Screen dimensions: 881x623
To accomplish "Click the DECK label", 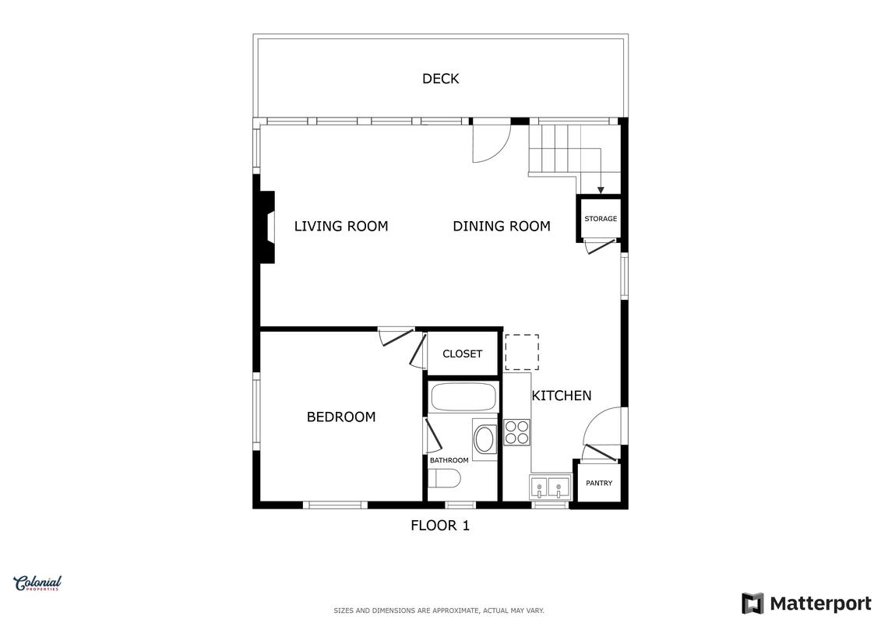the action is [441, 79].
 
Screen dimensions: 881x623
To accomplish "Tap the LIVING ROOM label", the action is [341, 227].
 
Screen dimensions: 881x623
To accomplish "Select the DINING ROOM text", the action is [502, 227].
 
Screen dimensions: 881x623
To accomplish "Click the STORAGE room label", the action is [601, 219].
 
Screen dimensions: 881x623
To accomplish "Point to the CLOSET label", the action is [463, 354].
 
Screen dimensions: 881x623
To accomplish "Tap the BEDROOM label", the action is [341, 417].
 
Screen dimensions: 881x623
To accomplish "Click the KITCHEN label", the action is [562, 396].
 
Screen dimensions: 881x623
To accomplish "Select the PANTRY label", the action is [599, 483].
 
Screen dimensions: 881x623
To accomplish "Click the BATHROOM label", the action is [449, 460].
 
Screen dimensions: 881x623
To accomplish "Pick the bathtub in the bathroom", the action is [463, 397].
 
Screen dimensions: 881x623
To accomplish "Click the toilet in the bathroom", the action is [445, 479].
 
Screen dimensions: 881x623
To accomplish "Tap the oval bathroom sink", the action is [485, 439].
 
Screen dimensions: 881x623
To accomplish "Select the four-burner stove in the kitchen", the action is [517, 432].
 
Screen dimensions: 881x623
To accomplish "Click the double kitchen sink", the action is [550, 487].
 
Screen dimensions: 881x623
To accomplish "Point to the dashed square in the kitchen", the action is [522, 352].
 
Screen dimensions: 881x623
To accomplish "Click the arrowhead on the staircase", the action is [601, 191].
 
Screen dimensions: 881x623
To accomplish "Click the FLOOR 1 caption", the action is [440, 526].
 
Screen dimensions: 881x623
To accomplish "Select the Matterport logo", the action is [806, 604].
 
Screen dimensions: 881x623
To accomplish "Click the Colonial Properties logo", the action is [37, 583].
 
